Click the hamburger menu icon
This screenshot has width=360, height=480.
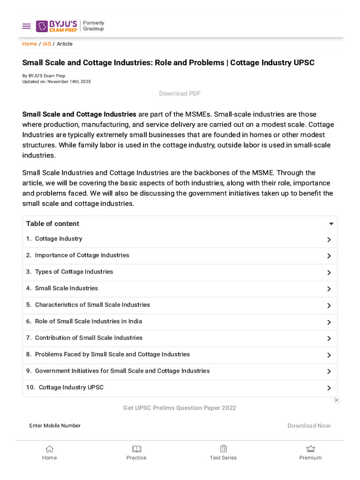[x=26, y=26]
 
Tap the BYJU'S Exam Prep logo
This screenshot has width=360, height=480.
[x=57, y=26]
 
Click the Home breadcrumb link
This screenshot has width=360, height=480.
[x=30, y=44]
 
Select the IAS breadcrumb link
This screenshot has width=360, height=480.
[x=47, y=44]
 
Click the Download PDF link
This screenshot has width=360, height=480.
[x=180, y=93]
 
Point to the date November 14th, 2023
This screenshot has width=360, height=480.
[x=69, y=82]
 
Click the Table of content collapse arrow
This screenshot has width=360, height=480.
[x=331, y=224]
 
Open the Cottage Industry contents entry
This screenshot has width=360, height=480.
[x=59, y=239]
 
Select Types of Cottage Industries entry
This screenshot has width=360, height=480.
[x=74, y=272]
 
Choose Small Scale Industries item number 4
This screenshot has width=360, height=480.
[x=66, y=288]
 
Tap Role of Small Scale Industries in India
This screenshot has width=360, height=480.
[x=88, y=322]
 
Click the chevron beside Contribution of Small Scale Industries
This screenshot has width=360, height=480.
[x=329, y=338]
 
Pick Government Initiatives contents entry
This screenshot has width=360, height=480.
[x=122, y=371]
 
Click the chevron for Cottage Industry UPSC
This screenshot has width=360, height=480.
[x=329, y=388]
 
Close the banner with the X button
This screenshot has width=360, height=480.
[x=336, y=400]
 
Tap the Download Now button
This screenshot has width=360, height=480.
[x=309, y=426]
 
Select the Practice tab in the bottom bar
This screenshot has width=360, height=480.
[x=136, y=452]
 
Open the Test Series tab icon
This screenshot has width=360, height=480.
[x=223, y=449]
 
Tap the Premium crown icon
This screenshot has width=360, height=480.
[x=310, y=449]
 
